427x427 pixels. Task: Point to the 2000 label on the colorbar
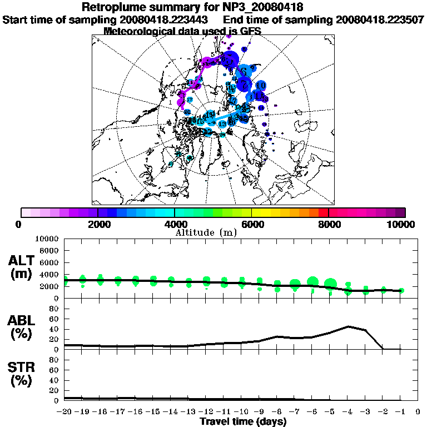point(97,224)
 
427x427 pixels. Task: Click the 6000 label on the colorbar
point(252,224)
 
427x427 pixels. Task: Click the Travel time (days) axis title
point(243,421)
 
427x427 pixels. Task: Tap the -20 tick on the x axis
point(64,412)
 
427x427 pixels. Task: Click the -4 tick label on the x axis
point(347,412)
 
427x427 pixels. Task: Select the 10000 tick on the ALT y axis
point(48,239)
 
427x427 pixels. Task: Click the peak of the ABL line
point(348,326)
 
